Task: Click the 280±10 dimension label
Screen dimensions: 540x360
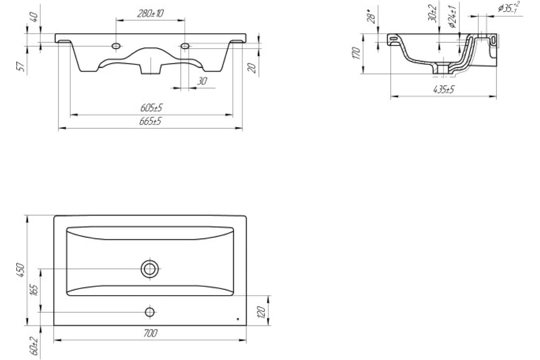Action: (150, 13)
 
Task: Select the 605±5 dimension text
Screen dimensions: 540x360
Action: (151, 108)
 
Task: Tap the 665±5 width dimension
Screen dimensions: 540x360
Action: (150, 121)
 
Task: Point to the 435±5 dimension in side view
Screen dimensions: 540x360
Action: (444, 90)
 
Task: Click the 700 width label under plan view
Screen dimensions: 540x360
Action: (150, 333)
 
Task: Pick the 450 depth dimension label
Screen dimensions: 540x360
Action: (21, 270)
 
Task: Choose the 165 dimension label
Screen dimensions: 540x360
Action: (35, 290)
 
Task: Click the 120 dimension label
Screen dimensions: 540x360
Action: (261, 312)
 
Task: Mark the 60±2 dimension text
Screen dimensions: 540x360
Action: (34, 346)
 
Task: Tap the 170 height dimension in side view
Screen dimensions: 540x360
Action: (356, 53)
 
